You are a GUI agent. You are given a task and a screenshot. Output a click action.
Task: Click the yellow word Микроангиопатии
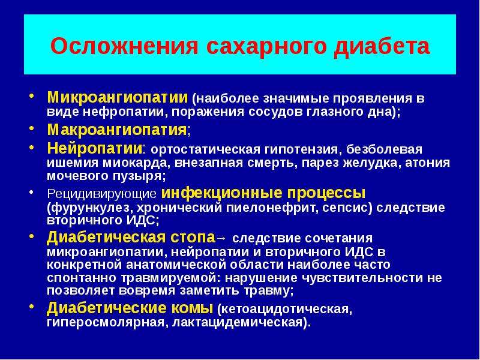point(118,98)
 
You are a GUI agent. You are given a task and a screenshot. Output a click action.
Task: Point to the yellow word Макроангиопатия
point(117,130)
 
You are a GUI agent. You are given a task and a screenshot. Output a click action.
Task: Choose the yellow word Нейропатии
point(95,148)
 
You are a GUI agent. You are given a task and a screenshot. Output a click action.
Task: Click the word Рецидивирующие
point(102,194)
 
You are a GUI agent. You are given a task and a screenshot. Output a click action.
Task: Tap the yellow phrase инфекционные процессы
point(263,193)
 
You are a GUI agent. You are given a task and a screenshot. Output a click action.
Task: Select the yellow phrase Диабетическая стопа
point(131,237)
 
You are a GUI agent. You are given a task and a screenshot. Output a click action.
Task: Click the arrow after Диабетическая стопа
point(221,238)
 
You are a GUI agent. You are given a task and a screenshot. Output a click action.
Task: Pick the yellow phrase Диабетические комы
point(130,308)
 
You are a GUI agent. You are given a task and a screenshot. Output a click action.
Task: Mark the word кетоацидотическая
point(284,309)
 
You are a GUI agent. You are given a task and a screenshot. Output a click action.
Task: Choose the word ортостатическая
point(205,149)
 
